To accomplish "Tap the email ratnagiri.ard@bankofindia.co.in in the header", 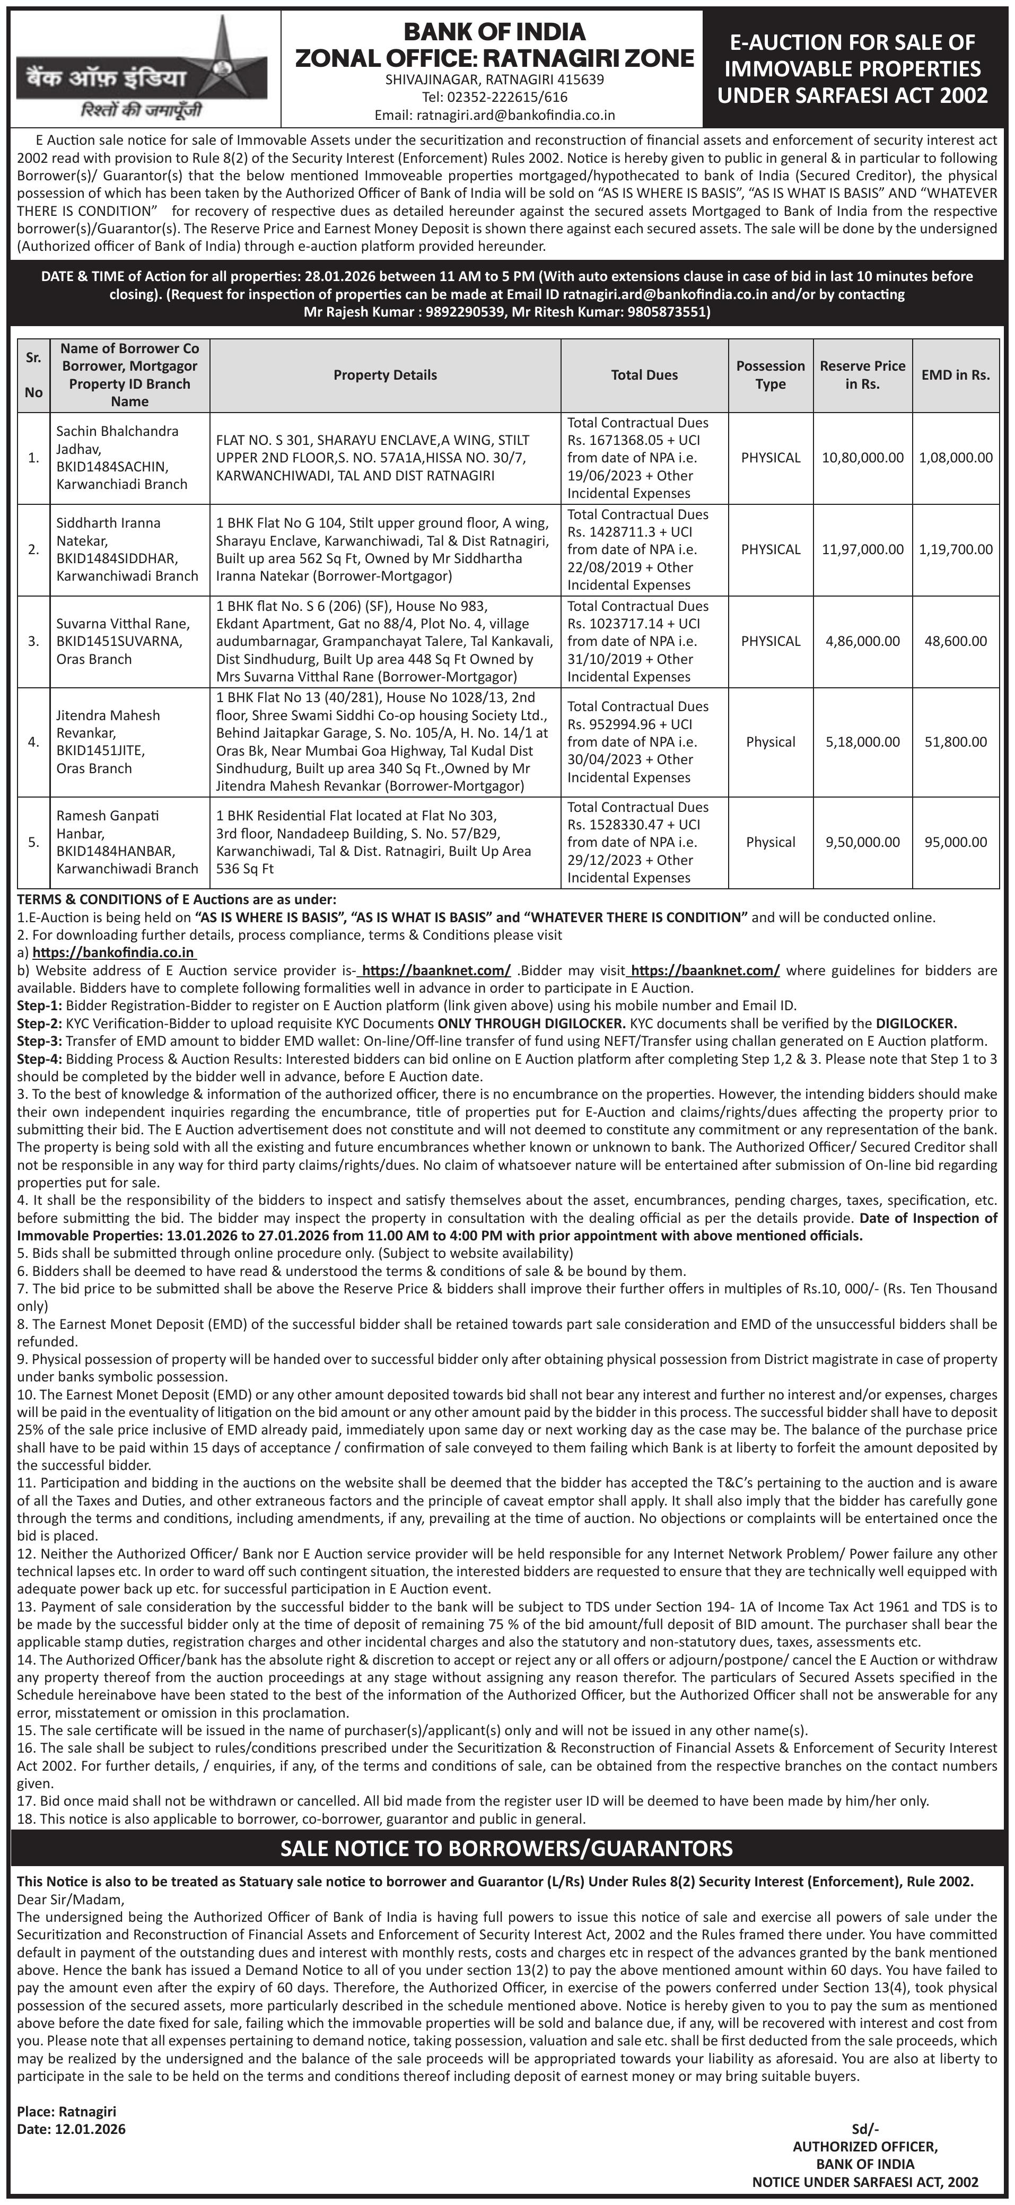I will pos(495,115).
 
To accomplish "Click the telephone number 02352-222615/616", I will pos(495,97).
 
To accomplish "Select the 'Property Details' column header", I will pos(385,375).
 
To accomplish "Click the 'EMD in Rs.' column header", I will pos(955,375).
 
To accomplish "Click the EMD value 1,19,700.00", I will pos(955,549).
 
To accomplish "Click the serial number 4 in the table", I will pos(33,742).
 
